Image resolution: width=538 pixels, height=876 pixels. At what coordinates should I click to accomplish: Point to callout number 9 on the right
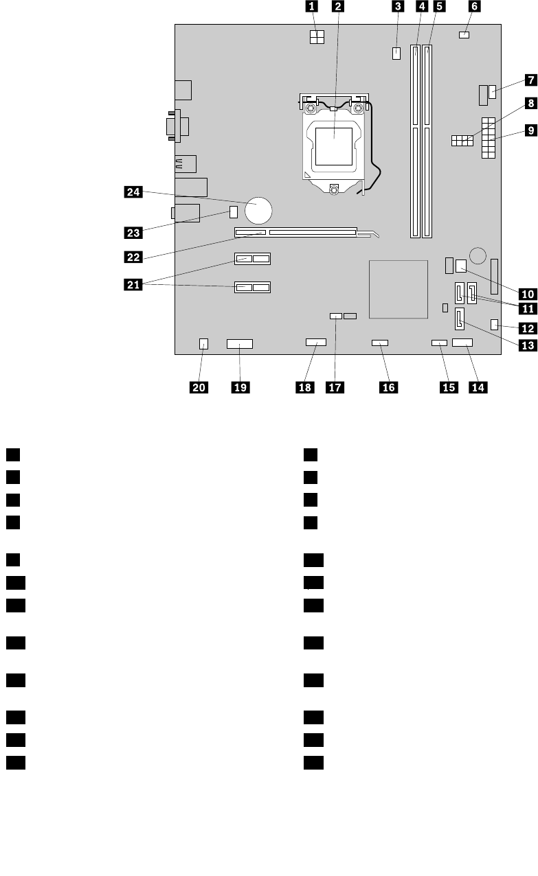530,128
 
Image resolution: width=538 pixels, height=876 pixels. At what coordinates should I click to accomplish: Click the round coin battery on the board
261,209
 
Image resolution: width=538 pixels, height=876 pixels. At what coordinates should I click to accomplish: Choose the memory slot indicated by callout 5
429,141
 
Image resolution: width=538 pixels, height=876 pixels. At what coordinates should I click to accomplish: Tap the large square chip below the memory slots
397,289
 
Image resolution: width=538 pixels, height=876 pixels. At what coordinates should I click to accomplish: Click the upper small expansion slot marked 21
254,260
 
